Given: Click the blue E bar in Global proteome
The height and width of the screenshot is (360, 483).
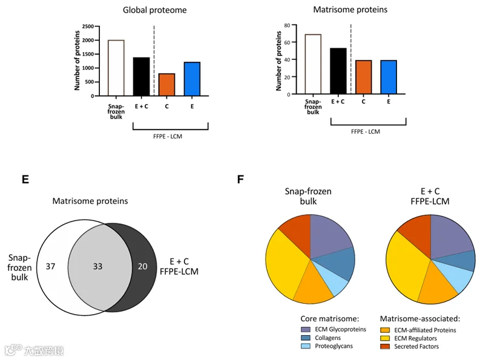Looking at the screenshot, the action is click(x=192, y=79).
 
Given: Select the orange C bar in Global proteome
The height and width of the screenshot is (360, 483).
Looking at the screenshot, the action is click(x=166, y=85).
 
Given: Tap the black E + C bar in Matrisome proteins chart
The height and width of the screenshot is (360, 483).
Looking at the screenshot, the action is click(x=338, y=71).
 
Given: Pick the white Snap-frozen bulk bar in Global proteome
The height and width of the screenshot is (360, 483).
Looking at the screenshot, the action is click(x=116, y=68).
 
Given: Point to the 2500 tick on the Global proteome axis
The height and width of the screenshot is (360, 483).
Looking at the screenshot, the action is click(x=88, y=27).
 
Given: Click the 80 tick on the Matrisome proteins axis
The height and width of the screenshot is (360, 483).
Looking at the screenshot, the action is click(x=287, y=25).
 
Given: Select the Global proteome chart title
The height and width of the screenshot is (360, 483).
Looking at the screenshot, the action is click(x=154, y=10).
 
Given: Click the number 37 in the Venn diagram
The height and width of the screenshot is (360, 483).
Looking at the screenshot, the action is click(x=50, y=266).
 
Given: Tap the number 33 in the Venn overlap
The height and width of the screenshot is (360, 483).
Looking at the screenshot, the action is click(x=97, y=266).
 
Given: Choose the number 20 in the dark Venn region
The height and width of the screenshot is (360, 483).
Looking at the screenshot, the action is click(x=142, y=266).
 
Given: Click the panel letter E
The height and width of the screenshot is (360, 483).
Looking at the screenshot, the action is click(x=25, y=179).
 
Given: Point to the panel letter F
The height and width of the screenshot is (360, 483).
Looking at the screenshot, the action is click(x=240, y=179).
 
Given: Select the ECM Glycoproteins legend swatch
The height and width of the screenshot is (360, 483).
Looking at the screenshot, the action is click(x=306, y=330).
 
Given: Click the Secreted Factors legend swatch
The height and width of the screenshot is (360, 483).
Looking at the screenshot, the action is click(x=385, y=347).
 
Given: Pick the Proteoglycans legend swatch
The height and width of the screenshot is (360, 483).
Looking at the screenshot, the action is click(x=306, y=346).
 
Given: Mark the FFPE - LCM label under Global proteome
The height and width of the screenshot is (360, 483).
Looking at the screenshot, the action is click(x=168, y=136).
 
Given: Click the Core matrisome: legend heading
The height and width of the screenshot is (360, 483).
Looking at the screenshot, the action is click(x=330, y=319).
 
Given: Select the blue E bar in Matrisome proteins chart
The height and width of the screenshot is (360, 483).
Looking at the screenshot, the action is click(x=389, y=77).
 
